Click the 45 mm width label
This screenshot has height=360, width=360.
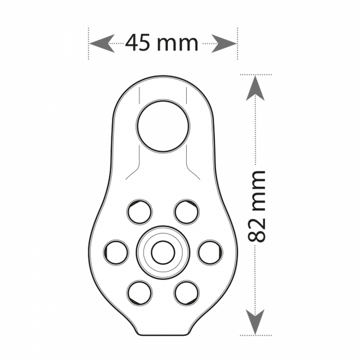(161, 43)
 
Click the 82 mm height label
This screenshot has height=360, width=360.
(256, 206)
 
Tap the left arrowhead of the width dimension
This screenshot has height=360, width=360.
(102, 43)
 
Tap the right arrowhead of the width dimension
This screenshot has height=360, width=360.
(224, 43)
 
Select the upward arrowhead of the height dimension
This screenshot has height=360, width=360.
(255, 88)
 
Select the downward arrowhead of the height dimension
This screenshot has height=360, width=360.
(255, 322)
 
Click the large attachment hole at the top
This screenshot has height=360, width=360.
(163, 126)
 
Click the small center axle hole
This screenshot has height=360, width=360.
(163, 253)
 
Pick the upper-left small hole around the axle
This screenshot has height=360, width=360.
(139, 211)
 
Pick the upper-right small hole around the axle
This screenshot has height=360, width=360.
(187, 211)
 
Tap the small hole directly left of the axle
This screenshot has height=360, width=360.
(116, 253)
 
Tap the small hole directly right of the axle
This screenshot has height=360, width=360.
(210, 253)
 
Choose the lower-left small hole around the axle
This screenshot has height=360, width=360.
(139, 293)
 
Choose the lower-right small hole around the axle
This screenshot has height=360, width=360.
(187, 293)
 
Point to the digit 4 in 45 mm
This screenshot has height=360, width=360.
(132, 43)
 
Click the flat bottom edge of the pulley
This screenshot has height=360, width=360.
(163, 335)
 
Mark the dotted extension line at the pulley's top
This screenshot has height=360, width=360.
(256, 75)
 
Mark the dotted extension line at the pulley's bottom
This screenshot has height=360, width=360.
(256, 335)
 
